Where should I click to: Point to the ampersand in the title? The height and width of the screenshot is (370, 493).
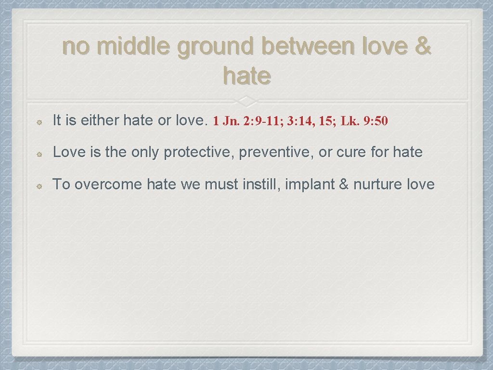(x=422, y=48)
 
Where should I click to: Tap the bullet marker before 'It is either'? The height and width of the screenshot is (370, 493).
(x=42, y=122)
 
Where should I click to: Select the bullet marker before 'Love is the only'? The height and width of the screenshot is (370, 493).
(x=42, y=154)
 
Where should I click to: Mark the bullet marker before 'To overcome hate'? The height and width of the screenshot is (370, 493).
(x=42, y=185)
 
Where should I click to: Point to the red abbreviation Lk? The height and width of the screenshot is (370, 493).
(x=350, y=121)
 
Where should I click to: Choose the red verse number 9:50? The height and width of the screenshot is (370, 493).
(x=376, y=121)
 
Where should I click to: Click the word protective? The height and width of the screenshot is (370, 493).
(x=199, y=153)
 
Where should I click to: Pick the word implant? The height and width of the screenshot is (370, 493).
(x=308, y=185)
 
